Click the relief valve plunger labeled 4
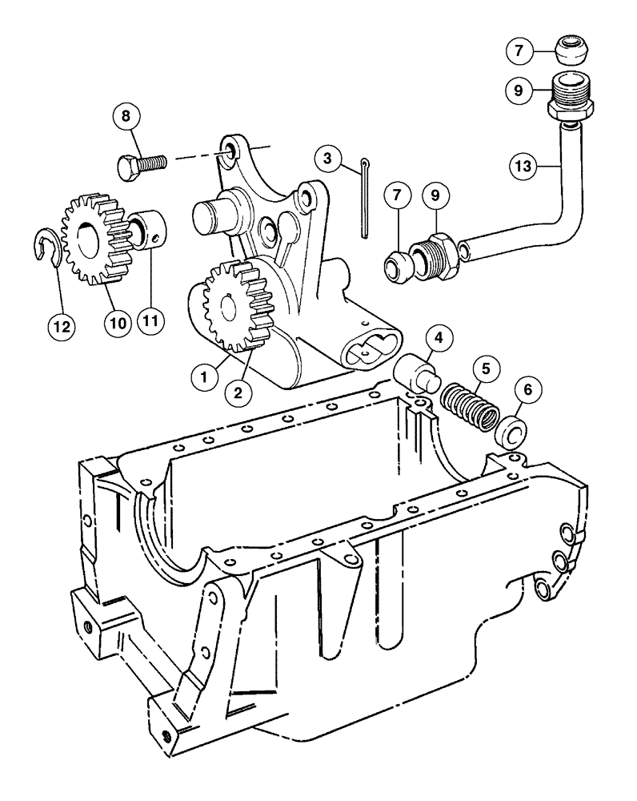tap(418, 372)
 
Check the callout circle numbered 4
tap(438, 339)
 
